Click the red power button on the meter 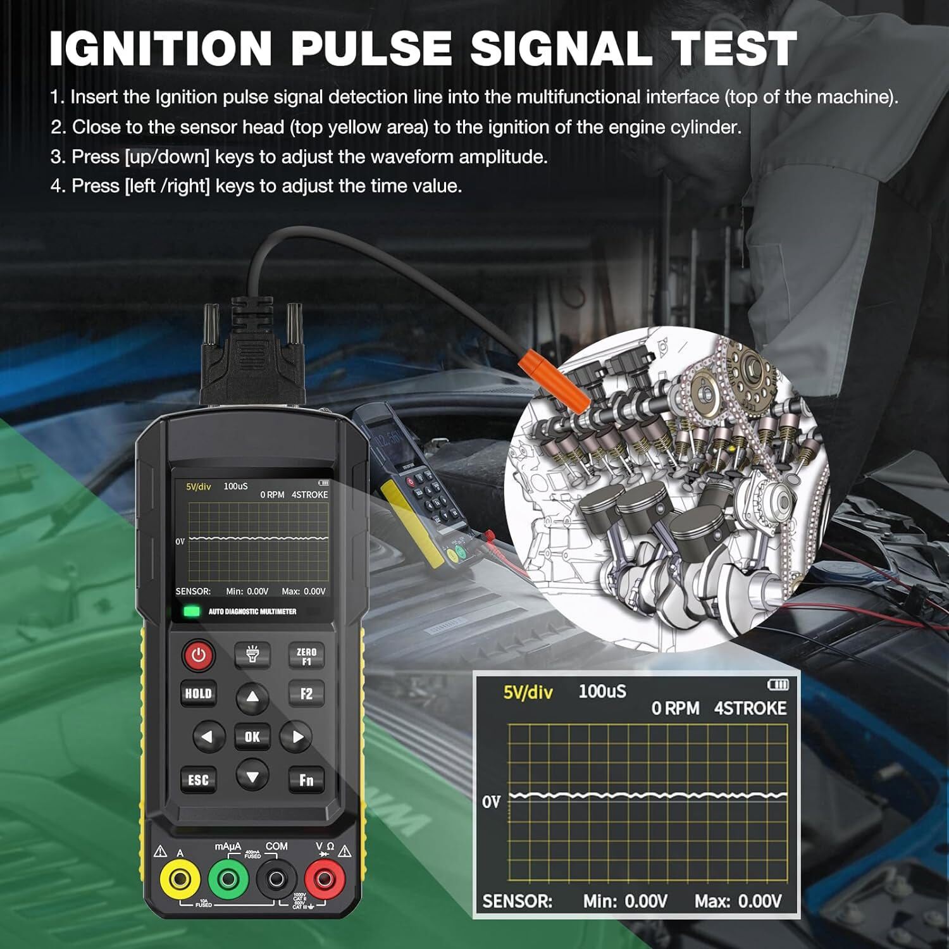199,655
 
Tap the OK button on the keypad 252,736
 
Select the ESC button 198,779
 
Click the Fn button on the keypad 306,779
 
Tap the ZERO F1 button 306,656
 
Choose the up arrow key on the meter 252,697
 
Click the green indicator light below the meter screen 191,611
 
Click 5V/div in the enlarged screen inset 528,692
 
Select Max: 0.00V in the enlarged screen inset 738,901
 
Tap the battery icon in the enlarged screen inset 778,685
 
